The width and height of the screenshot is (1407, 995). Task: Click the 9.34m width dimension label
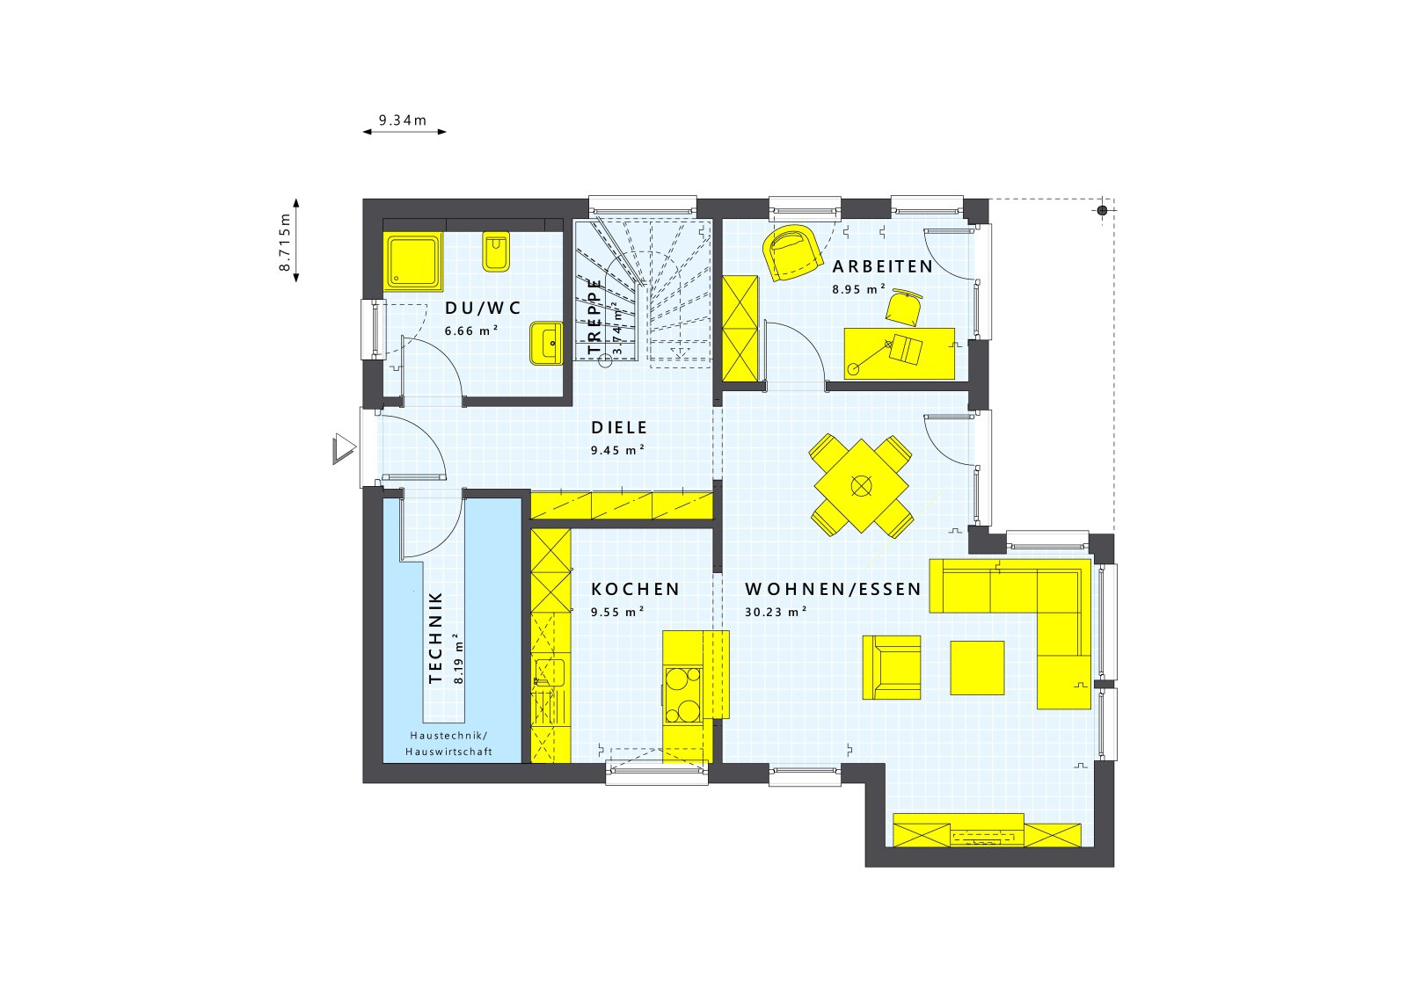pyautogui.click(x=403, y=120)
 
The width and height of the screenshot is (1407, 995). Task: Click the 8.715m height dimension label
pyautogui.click(x=285, y=242)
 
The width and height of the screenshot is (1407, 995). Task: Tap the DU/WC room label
pyautogui.click(x=483, y=308)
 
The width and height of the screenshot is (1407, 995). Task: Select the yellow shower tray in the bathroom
pyautogui.click(x=413, y=261)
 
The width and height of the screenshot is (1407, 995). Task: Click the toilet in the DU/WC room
pyautogui.click(x=496, y=252)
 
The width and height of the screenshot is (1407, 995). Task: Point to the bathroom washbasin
pyautogui.click(x=546, y=343)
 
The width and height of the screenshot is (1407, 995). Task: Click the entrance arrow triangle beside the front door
pyautogui.click(x=343, y=449)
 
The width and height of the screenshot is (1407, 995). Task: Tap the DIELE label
pyautogui.click(x=619, y=428)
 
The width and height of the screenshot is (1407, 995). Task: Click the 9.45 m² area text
pyautogui.click(x=617, y=450)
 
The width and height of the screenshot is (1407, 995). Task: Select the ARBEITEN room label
pyautogui.click(x=882, y=266)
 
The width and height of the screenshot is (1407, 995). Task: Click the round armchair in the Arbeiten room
pyautogui.click(x=791, y=252)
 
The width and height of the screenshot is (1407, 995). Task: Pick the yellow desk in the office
pyautogui.click(x=899, y=353)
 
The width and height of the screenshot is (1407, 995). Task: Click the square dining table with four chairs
pyautogui.click(x=861, y=485)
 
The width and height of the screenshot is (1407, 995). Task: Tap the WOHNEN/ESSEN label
pyautogui.click(x=833, y=589)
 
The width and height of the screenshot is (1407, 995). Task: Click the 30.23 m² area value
pyautogui.click(x=776, y=612)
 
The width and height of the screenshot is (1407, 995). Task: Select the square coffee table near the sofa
pyautogui.click(x=977, y=668)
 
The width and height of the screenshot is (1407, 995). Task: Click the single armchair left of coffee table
pyautogui.click(x=892, y=667)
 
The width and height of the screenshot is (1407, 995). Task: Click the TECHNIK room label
pyautogui.click(x=435, y=638)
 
